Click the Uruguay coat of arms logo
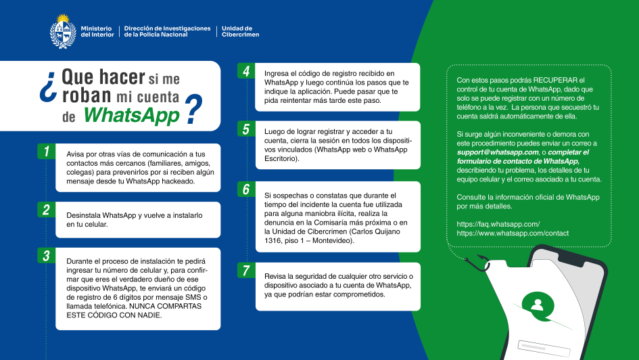pyautogui.click(x=62, y=31)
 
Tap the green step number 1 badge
pyautogui.click(x=46, y=152)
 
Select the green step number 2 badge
pyautogui.click(x=46, y=210)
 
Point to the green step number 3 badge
pyautogui.click(x=46, y=256)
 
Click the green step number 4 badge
pyautogui.click(x=246, y=72)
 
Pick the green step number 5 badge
pyautogui.click(x=246, y=129)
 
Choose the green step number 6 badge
pyautogui.click(x=246, y=189)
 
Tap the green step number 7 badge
pyautogui.click(x=246, y=271)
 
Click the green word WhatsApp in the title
pyautogui.click(x=131, y=114)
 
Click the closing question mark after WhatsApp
pyautogui.click(x=194, y=110)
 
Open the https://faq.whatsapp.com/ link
pyautogui.click(x=498, y=223)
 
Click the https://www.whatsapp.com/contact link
pyautogui.click(x=513, y=233)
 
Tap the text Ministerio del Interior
pyautogui.click(x=97, y=31)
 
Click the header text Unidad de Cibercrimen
pyautogui.click(x=240, y=31)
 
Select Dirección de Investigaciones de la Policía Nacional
pyautogui.click(x=168, y=31)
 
